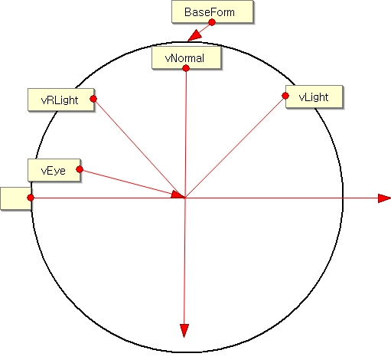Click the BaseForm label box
click(213, 11)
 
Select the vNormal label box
click(186, 57)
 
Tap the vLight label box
click(314, 97)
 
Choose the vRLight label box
click(61, 100)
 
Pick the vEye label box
click(54, 170)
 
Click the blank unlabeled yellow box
click(16, 198)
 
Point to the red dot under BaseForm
click(212, 22)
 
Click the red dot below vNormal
click(186, 68)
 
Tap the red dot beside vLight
click(285, 96)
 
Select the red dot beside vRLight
click(93, 99)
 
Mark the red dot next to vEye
click(80, 169)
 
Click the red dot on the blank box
click(31, 198)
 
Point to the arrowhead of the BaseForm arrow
click(194, 35)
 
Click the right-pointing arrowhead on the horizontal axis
click(384, 198)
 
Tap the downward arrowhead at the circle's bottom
click(184, 330)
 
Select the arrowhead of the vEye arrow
click(178, 195)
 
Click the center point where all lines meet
click(185, 198)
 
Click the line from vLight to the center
click(235, 147)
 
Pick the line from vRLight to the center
click(139, 148)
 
